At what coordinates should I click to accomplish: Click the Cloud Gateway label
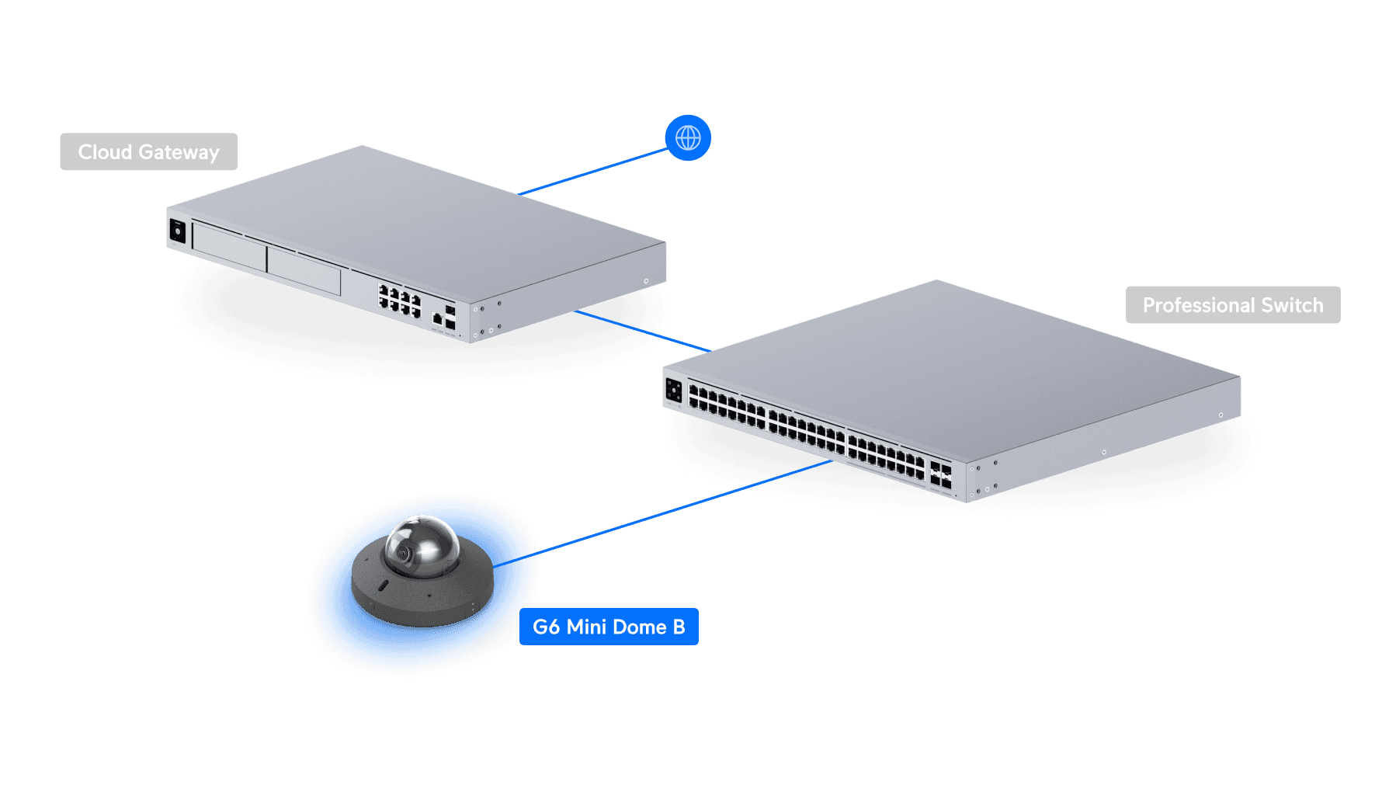[x=149, y=151]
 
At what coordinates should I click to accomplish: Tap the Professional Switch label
[x=1233, y=305]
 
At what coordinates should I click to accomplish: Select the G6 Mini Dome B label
[x=609, y=627]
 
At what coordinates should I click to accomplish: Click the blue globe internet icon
[x=688, y=137]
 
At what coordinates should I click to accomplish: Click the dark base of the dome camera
[x=423, y=598]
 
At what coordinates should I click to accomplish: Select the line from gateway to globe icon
[x=593, y=172]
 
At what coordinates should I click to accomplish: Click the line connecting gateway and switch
[x=643, y=331]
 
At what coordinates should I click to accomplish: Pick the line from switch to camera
[x=662, y=513]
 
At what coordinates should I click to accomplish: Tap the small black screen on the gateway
[x=178, y=231]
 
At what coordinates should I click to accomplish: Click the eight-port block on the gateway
[x=400, y=300]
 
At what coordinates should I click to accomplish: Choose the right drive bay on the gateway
[x=304, y=270]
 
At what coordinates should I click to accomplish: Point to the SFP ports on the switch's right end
[x=941, y=474]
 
